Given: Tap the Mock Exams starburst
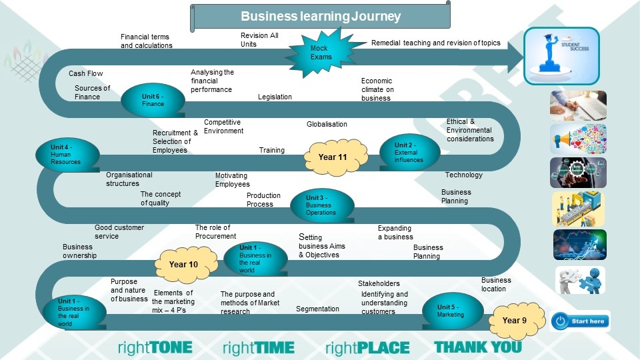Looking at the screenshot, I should click(x=320, y=52).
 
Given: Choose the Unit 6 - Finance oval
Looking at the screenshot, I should click(x=153, y=100).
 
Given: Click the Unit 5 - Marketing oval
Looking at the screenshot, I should click(x=451, y=311).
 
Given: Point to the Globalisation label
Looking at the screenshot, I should click(x=327, y=124).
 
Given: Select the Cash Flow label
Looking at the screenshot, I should click(x=86, y=73).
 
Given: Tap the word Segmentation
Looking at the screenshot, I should click(x=317, y=309).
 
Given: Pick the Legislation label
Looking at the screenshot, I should click(x=275, y=97).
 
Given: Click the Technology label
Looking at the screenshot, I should click(x=463, y=175).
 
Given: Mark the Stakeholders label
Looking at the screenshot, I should click(x=379, y=283).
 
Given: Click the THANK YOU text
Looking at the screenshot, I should click(x=478, y=347).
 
